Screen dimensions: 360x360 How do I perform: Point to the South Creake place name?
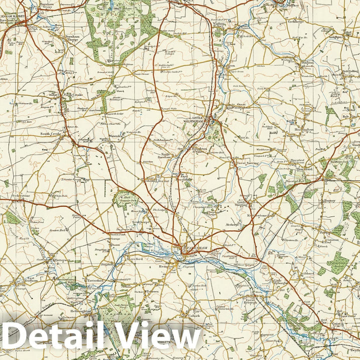(50, 134)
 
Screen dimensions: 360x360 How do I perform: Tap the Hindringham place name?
(303, 129)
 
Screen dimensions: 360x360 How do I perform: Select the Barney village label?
(329, 200)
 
